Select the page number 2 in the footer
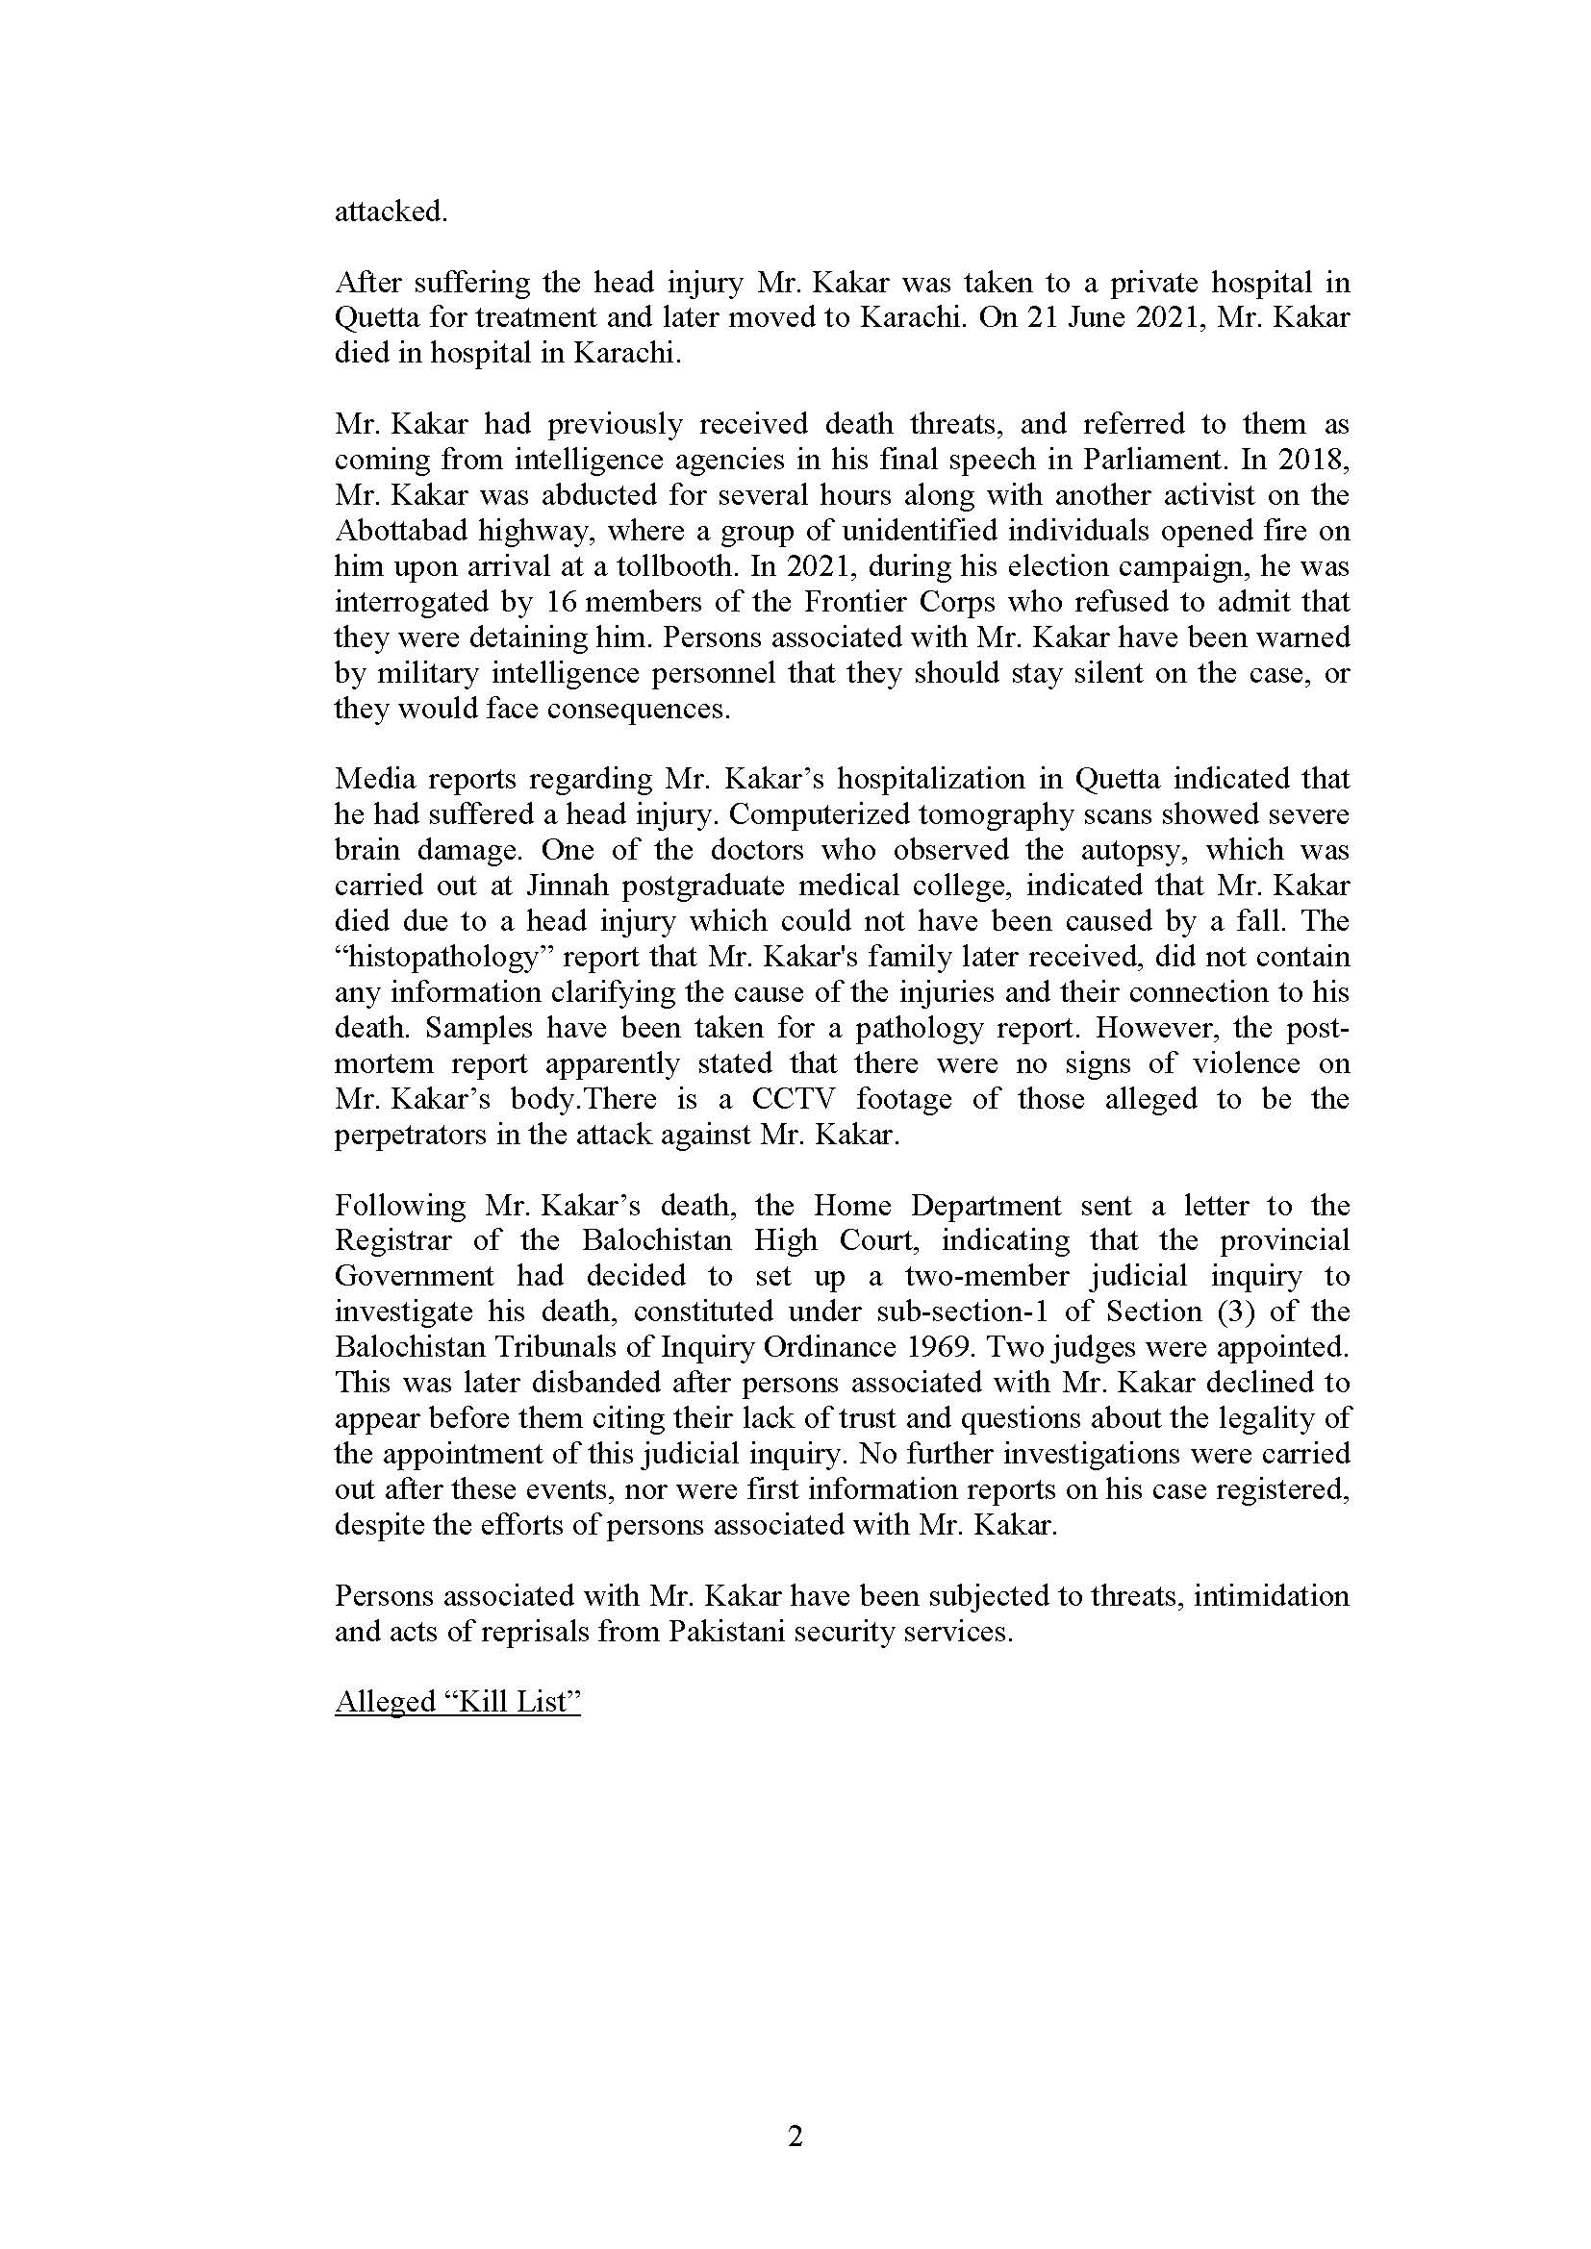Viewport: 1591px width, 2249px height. tap(795, 2137)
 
